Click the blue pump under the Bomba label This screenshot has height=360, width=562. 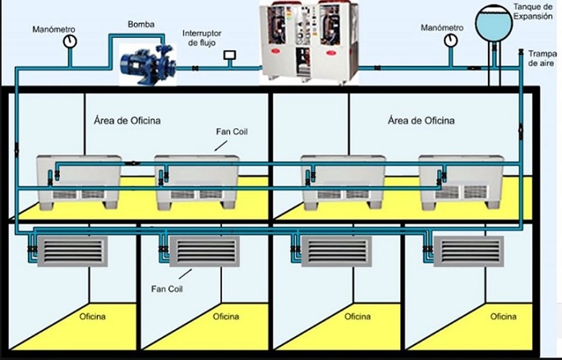tap(145, 62)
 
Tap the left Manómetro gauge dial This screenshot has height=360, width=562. tap(71, 40)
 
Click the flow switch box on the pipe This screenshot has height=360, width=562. tap(230, 56)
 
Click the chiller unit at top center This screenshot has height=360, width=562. tap(310, 41)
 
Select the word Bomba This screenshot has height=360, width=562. tap(140, 25)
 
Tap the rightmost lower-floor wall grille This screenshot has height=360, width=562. tap(466, 251)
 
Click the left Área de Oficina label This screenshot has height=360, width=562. tap(127, 121)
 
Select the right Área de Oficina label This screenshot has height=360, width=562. tap(421, 121)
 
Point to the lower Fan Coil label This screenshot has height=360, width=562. tap(167, 289)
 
